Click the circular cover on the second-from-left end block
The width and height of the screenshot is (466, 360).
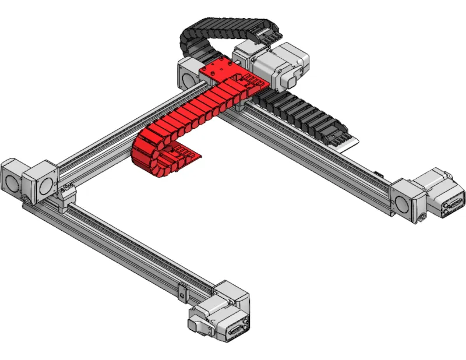click(x=45, y=185)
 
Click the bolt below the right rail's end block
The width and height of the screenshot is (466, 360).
click(x=421, y=220)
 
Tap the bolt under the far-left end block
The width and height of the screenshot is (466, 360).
click(x=26, y=202)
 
